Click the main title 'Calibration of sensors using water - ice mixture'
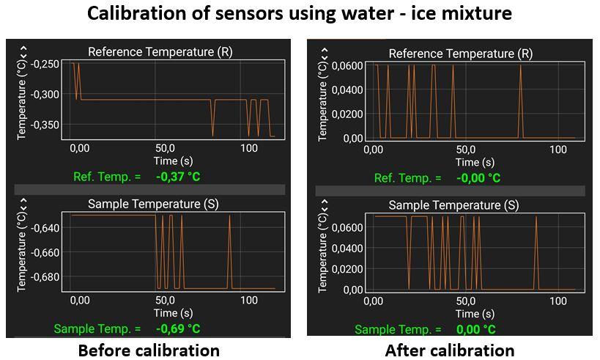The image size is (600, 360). (300, 13)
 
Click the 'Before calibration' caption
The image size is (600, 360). (149, 350)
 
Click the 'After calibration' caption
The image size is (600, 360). (450, 350)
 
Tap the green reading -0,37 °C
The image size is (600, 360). (178, 177)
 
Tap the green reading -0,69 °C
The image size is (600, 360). (178, 329)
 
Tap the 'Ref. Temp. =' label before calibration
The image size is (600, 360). (106, 177)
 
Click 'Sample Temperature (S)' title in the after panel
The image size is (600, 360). (453, 205)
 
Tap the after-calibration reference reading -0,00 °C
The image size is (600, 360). (478, 178)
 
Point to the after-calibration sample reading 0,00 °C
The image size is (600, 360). (476, 330)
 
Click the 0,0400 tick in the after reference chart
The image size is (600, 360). (348, 90)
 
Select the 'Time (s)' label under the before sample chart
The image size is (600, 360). (173, 313)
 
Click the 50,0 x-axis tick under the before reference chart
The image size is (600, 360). (164, 148)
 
